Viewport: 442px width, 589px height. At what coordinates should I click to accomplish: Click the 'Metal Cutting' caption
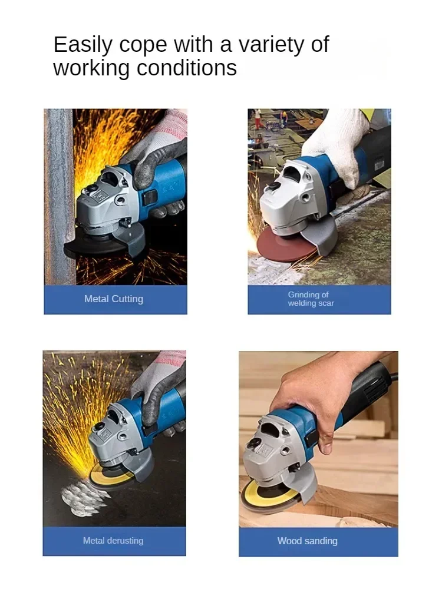pyautogui.click(x=114, y=299)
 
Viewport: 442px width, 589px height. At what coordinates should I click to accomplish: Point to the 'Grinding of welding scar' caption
pyautogui.click(x=311, y=299)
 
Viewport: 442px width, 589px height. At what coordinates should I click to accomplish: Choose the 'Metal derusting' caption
pyautogui.click(x=113, y=541)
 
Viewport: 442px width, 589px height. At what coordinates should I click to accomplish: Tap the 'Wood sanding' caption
pyautogui.click(x=307, y=541)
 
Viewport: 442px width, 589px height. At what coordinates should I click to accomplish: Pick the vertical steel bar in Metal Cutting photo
pyautogui.click(x=59, y=194)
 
